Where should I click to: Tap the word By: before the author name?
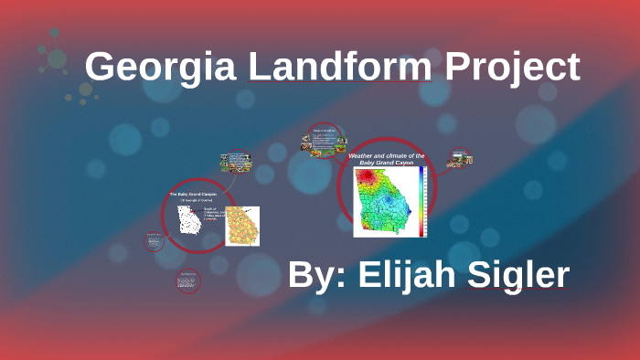pyautogui.click(x=315, y=276)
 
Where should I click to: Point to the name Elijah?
pyautogui.click(x=417, y=276)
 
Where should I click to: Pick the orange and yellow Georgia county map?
pyautogui.click(x=241, y=226)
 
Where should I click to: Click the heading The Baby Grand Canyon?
pyautogui.click(x=194, y=195)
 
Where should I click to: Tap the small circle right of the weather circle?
pyautogui.click(x=460, y=159)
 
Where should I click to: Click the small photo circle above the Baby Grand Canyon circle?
pyautogui.click(x=237, y=164)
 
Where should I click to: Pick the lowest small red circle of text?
pyautogui.click(x=188, y=281)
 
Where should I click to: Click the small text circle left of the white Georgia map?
pyautogui.click(x=154, y=241)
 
